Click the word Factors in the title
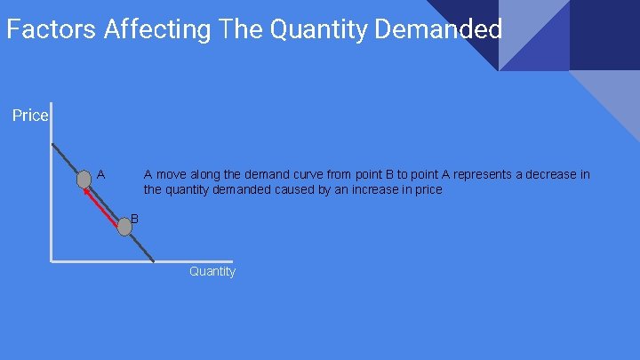pos(52,29)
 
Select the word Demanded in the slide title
pos(439,29)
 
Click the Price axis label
pos(30,116)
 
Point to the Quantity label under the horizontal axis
pos(212,271)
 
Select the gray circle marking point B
pos(124,227)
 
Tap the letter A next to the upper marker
pos(101,174)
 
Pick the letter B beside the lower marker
pos(134,218)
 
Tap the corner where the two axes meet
pos(52,261)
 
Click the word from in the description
pos(348,174)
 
